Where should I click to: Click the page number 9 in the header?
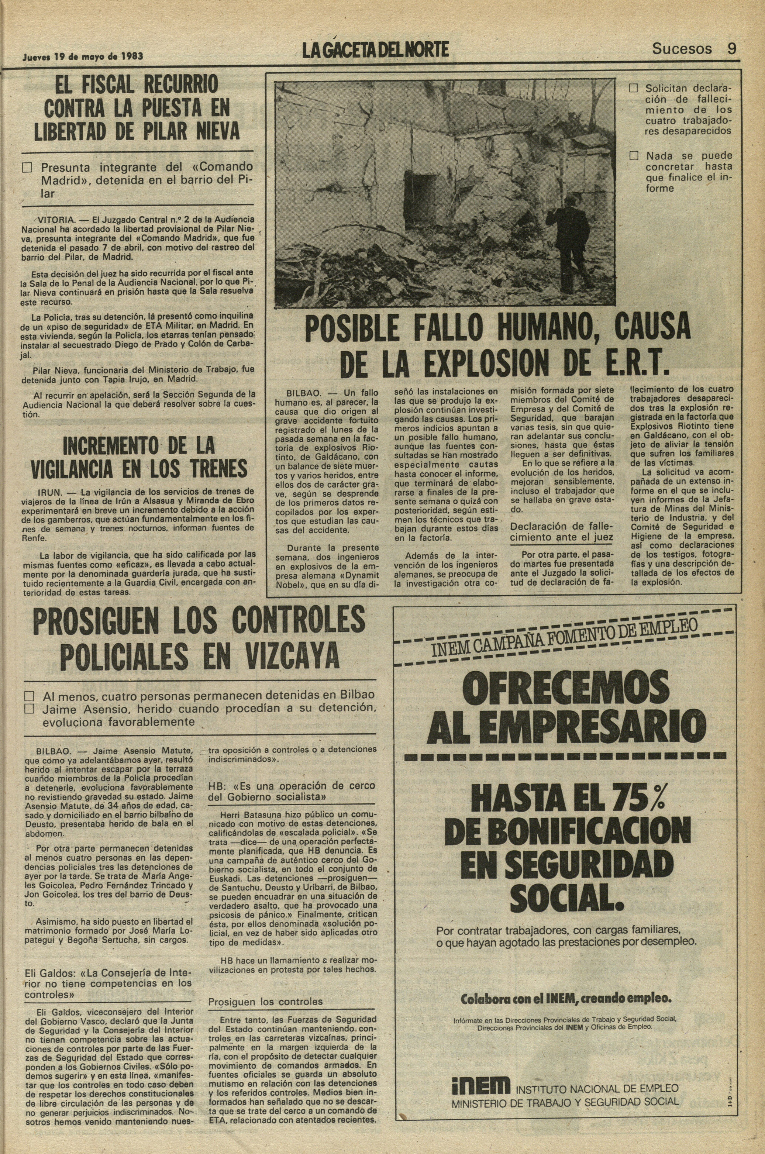click(x=731, y=49)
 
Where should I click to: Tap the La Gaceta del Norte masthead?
click(x=375, y=50)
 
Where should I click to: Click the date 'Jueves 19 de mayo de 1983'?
click(x=83, y=56)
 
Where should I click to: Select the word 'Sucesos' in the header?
click(x=682, y=49)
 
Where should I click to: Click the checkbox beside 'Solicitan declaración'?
click(x=633, y=89)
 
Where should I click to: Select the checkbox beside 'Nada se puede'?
click(x=633, y=156)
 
